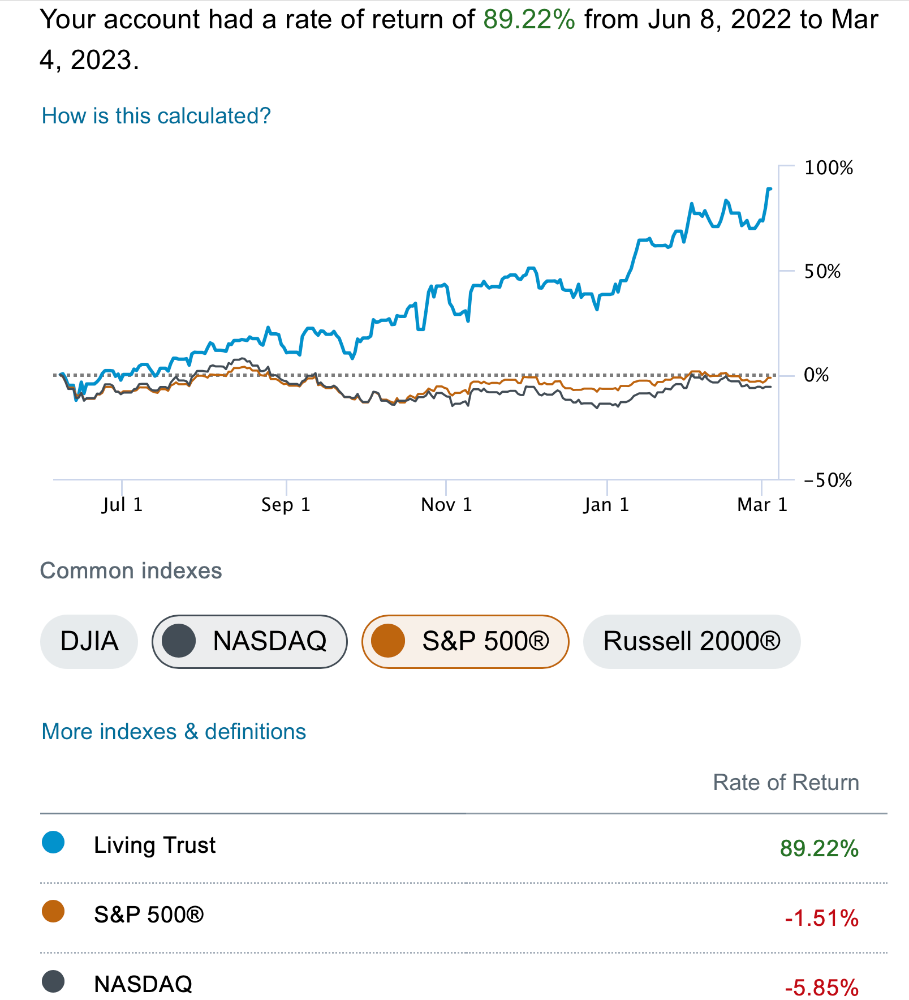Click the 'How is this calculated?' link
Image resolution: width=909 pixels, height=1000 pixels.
[156, 116]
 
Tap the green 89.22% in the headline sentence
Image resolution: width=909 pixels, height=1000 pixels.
[529, 20]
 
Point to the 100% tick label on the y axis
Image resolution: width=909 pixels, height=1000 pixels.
[828, 168]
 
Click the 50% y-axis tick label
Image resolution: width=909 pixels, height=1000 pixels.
[822, 272]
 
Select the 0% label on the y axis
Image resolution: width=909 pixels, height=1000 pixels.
[816, 375]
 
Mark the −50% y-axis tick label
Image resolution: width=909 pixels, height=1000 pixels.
[828, 480]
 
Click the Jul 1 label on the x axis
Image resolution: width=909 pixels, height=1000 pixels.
[122, 504]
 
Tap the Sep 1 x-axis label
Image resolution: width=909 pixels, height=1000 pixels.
[286, 504]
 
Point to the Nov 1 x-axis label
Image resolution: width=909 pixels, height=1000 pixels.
[446, 504]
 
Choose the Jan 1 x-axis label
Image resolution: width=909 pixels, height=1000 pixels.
[606, 504]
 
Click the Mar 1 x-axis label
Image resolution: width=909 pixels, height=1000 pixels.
[762, 504]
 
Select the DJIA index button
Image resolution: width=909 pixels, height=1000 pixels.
[89, 641]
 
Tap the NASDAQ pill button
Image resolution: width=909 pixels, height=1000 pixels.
[249, 641]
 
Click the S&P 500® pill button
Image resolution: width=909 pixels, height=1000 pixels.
[465, 641]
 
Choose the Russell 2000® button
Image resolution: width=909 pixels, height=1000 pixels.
[691, 641]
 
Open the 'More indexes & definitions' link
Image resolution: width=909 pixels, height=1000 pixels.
[174, 732]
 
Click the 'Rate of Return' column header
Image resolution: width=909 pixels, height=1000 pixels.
[785, 783]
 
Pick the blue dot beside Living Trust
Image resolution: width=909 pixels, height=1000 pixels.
[53, 843]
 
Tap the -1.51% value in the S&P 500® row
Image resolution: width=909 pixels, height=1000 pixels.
[821, 918]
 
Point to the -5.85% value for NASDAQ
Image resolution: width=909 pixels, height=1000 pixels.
[821, 988]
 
